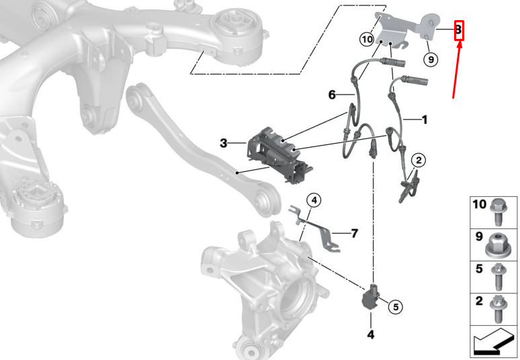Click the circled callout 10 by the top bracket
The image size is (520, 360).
(366, 40)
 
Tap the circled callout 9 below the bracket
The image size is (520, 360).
(431, 59)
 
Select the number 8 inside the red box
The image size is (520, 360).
(459, 30)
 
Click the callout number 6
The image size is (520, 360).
(332, 95)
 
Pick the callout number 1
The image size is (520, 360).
(424, 120)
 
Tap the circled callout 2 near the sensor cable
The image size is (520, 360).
(418, 160)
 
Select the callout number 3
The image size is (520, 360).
(223, 143)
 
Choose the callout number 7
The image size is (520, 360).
(354, 233)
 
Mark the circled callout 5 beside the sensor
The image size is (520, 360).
(396, 307)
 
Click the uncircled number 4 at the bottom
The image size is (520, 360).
(370, 334)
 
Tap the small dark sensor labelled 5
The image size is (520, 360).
(372, 296)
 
